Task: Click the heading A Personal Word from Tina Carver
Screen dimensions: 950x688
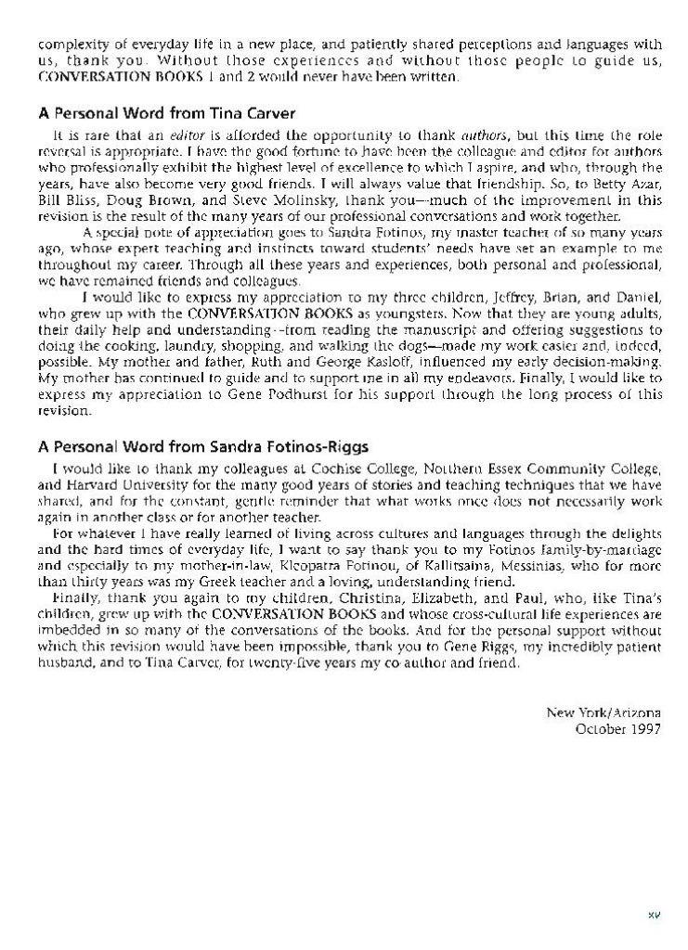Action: tap(166, 113)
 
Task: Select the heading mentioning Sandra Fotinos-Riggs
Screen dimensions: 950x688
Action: tap(203, 446)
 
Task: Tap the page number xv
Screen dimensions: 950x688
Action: tap(653, 915)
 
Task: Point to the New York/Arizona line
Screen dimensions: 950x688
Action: tap(604, 712)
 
